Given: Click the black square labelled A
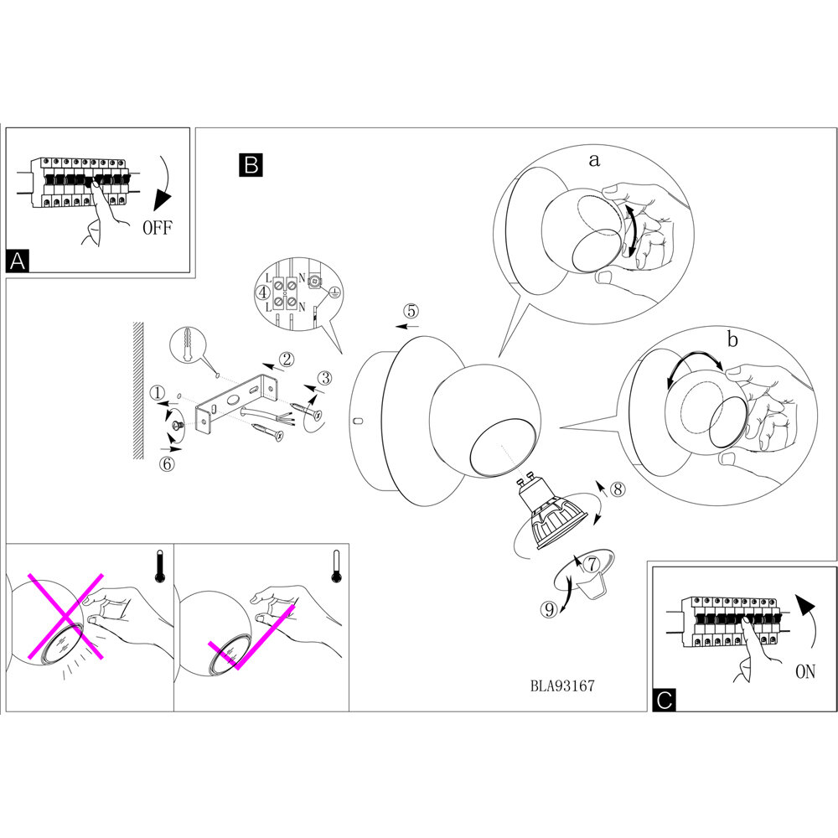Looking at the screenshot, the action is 18,261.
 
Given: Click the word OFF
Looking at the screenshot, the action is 157,227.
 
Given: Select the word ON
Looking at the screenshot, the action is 804,673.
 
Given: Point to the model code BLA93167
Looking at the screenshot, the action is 562,685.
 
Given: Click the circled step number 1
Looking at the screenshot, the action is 158,392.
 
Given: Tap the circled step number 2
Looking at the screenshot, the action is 287,360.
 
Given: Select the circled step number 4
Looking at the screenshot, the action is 263,293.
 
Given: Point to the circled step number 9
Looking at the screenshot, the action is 549,609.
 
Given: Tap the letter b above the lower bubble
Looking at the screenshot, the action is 732,341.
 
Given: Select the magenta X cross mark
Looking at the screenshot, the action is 65,616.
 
